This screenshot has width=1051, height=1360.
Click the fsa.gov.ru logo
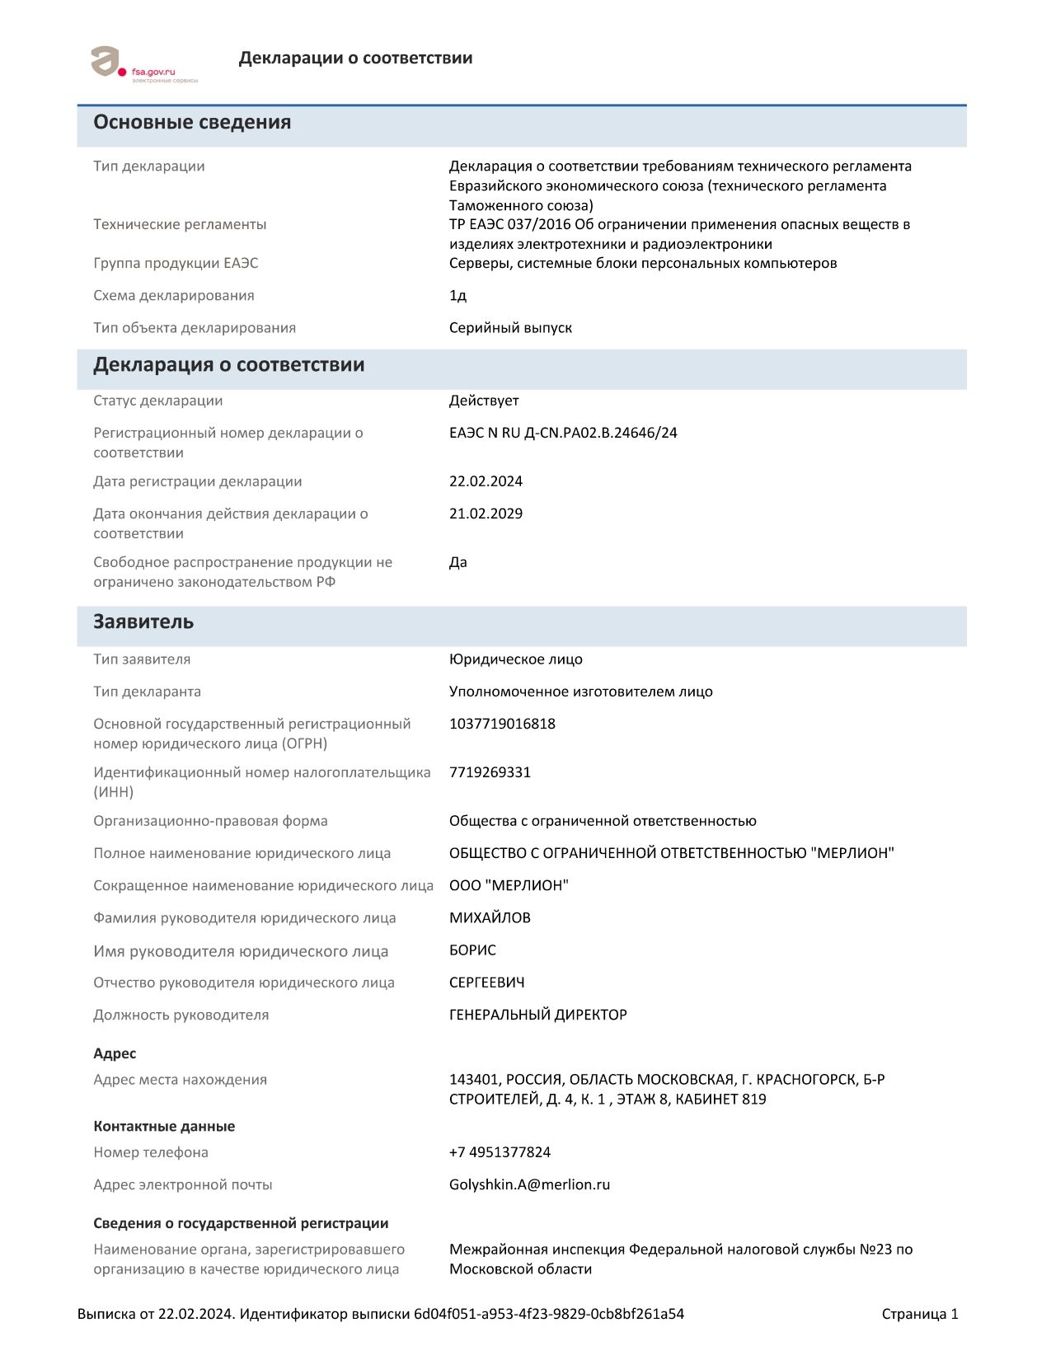[133, 64]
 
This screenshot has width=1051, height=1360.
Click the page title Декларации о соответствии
[355, 58]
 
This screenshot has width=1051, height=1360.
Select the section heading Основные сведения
[192, 122]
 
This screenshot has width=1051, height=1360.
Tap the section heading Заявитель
[143, 621]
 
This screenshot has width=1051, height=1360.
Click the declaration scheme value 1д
[457, 295]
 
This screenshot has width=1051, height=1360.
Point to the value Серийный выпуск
[510, 327]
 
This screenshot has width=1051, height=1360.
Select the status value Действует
[484, 401]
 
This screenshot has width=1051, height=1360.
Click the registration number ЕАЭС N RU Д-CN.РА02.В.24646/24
[563, 433]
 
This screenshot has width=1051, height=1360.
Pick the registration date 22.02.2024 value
[486, 481]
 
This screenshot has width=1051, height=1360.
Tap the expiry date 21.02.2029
[486, 514]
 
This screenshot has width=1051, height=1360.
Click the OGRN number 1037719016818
[502, 724]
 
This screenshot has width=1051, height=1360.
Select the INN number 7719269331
[490, 772]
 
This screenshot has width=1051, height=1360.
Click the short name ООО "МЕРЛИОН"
[509, 885]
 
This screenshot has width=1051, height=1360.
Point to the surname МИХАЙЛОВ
[490, 917]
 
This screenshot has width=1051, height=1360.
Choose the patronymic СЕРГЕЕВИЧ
[486, 982]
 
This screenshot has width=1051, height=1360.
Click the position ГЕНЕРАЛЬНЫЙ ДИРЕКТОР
[537, 1015]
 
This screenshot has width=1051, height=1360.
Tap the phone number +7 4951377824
[500, 1152]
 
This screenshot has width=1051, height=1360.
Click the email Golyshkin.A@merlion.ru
[529, 1184]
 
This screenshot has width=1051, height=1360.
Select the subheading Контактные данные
[164, 1127]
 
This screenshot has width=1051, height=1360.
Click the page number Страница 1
[919, 1314]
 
